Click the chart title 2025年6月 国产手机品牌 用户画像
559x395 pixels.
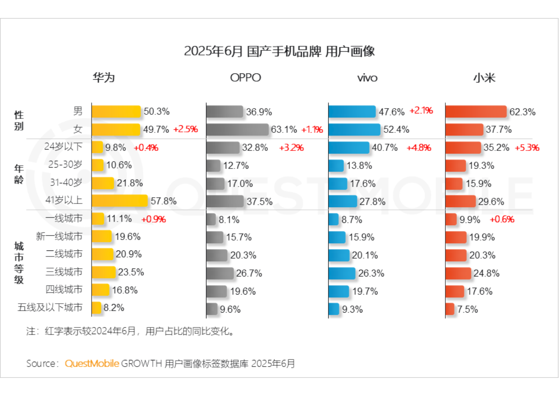pos(279,51)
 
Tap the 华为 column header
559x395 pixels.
pos(104,77)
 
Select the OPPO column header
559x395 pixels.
pos(245,77)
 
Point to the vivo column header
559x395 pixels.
pos(367,78)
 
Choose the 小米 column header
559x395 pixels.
pos(484,77)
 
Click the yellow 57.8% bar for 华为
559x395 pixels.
pos(119,201)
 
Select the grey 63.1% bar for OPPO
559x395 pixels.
pos(237,130)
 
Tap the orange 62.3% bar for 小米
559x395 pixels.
pos(476,112)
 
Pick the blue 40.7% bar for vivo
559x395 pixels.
pos(348,148)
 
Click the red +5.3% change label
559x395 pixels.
pos(527,148)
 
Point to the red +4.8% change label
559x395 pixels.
pos(419,148)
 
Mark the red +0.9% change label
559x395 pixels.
pos(153,219)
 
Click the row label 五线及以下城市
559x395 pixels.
pos(50,308)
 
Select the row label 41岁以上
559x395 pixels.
pos(64,201)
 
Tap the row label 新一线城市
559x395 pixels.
pos(59,237)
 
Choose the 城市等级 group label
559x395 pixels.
pos(19,263)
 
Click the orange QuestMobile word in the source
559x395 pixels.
pos(92,363)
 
